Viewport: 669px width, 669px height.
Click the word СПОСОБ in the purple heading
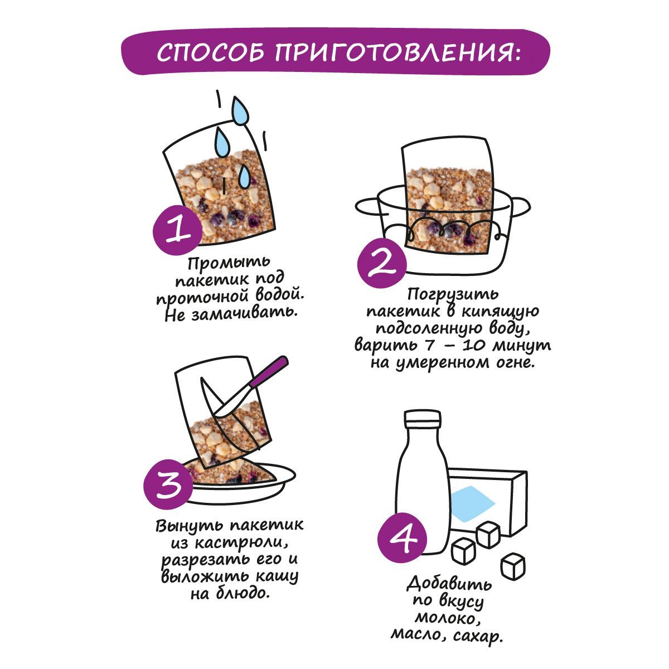tap(210, 53)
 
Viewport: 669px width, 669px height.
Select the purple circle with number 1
tap(178, 230)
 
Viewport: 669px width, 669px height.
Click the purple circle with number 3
tap(168, 484)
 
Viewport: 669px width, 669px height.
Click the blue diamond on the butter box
tap(472, 504)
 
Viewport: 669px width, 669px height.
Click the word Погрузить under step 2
tap(453, 294)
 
